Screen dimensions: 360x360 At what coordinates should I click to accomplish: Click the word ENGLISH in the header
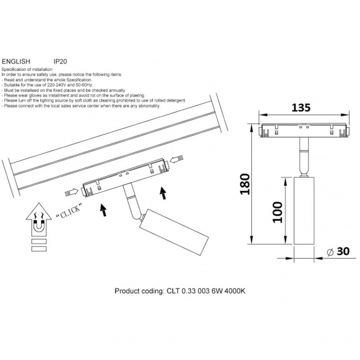[16, 62]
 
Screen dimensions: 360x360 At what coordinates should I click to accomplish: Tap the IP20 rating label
[60, 62]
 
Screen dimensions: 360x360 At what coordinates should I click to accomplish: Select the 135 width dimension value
[301, 108]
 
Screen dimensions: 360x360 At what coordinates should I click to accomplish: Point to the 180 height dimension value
[244, 184]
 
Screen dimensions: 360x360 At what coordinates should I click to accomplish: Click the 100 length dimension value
[277, 212]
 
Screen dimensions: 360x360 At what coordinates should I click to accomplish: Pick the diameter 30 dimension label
[338, 251]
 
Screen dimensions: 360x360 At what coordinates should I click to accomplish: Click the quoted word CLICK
[69, 211]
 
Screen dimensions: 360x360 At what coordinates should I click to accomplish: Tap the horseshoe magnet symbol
[39, 226]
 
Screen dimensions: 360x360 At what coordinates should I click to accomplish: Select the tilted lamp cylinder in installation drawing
[174, 232]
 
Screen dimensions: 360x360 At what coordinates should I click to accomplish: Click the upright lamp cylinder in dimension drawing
[304, 210]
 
